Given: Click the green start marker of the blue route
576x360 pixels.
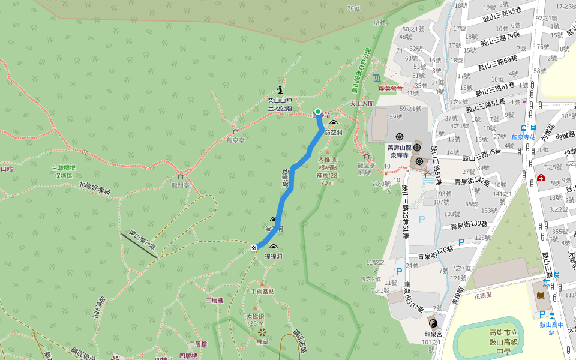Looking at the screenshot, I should (318, 112).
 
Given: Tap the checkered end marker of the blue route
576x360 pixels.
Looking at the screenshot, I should (254, 247).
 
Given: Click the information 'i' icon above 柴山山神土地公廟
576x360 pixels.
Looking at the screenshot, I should (280, 89).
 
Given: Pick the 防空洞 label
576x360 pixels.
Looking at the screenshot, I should (333, 132).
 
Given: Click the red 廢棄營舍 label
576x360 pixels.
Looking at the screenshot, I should (390, 88).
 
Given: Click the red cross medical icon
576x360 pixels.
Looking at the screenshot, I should (541, 178).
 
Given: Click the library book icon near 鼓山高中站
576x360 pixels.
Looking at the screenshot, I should (541, 296).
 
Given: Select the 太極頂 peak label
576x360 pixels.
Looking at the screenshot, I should (255, 316).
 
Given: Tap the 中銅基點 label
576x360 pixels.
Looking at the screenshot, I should (262, 291).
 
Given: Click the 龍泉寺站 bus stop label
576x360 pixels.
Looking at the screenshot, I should (524, 137).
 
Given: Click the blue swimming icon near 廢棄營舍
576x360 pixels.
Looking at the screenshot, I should (376, 78).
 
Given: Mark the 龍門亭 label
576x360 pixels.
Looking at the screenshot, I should (180, 185).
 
